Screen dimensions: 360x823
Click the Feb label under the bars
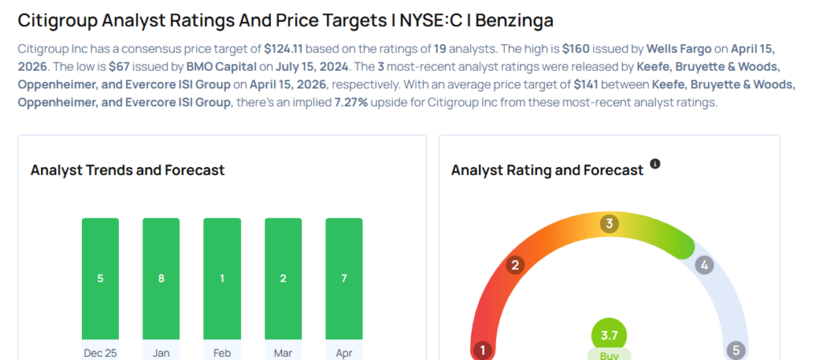tap(222, 352)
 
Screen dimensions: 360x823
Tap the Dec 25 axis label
tap(100, 352)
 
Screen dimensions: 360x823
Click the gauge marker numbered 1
tap(483, 350)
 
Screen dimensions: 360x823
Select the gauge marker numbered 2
tap(515, 264)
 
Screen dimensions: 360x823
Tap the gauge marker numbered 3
tap(610, 223)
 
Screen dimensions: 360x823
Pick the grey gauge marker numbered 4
tap(704, 264)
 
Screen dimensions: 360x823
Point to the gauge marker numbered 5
tap(735, 350)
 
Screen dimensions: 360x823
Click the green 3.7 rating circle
tap(609, 334)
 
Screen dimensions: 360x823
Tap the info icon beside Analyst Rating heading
tap(655, 164)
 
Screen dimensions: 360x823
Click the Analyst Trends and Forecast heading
tap(127, 170)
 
